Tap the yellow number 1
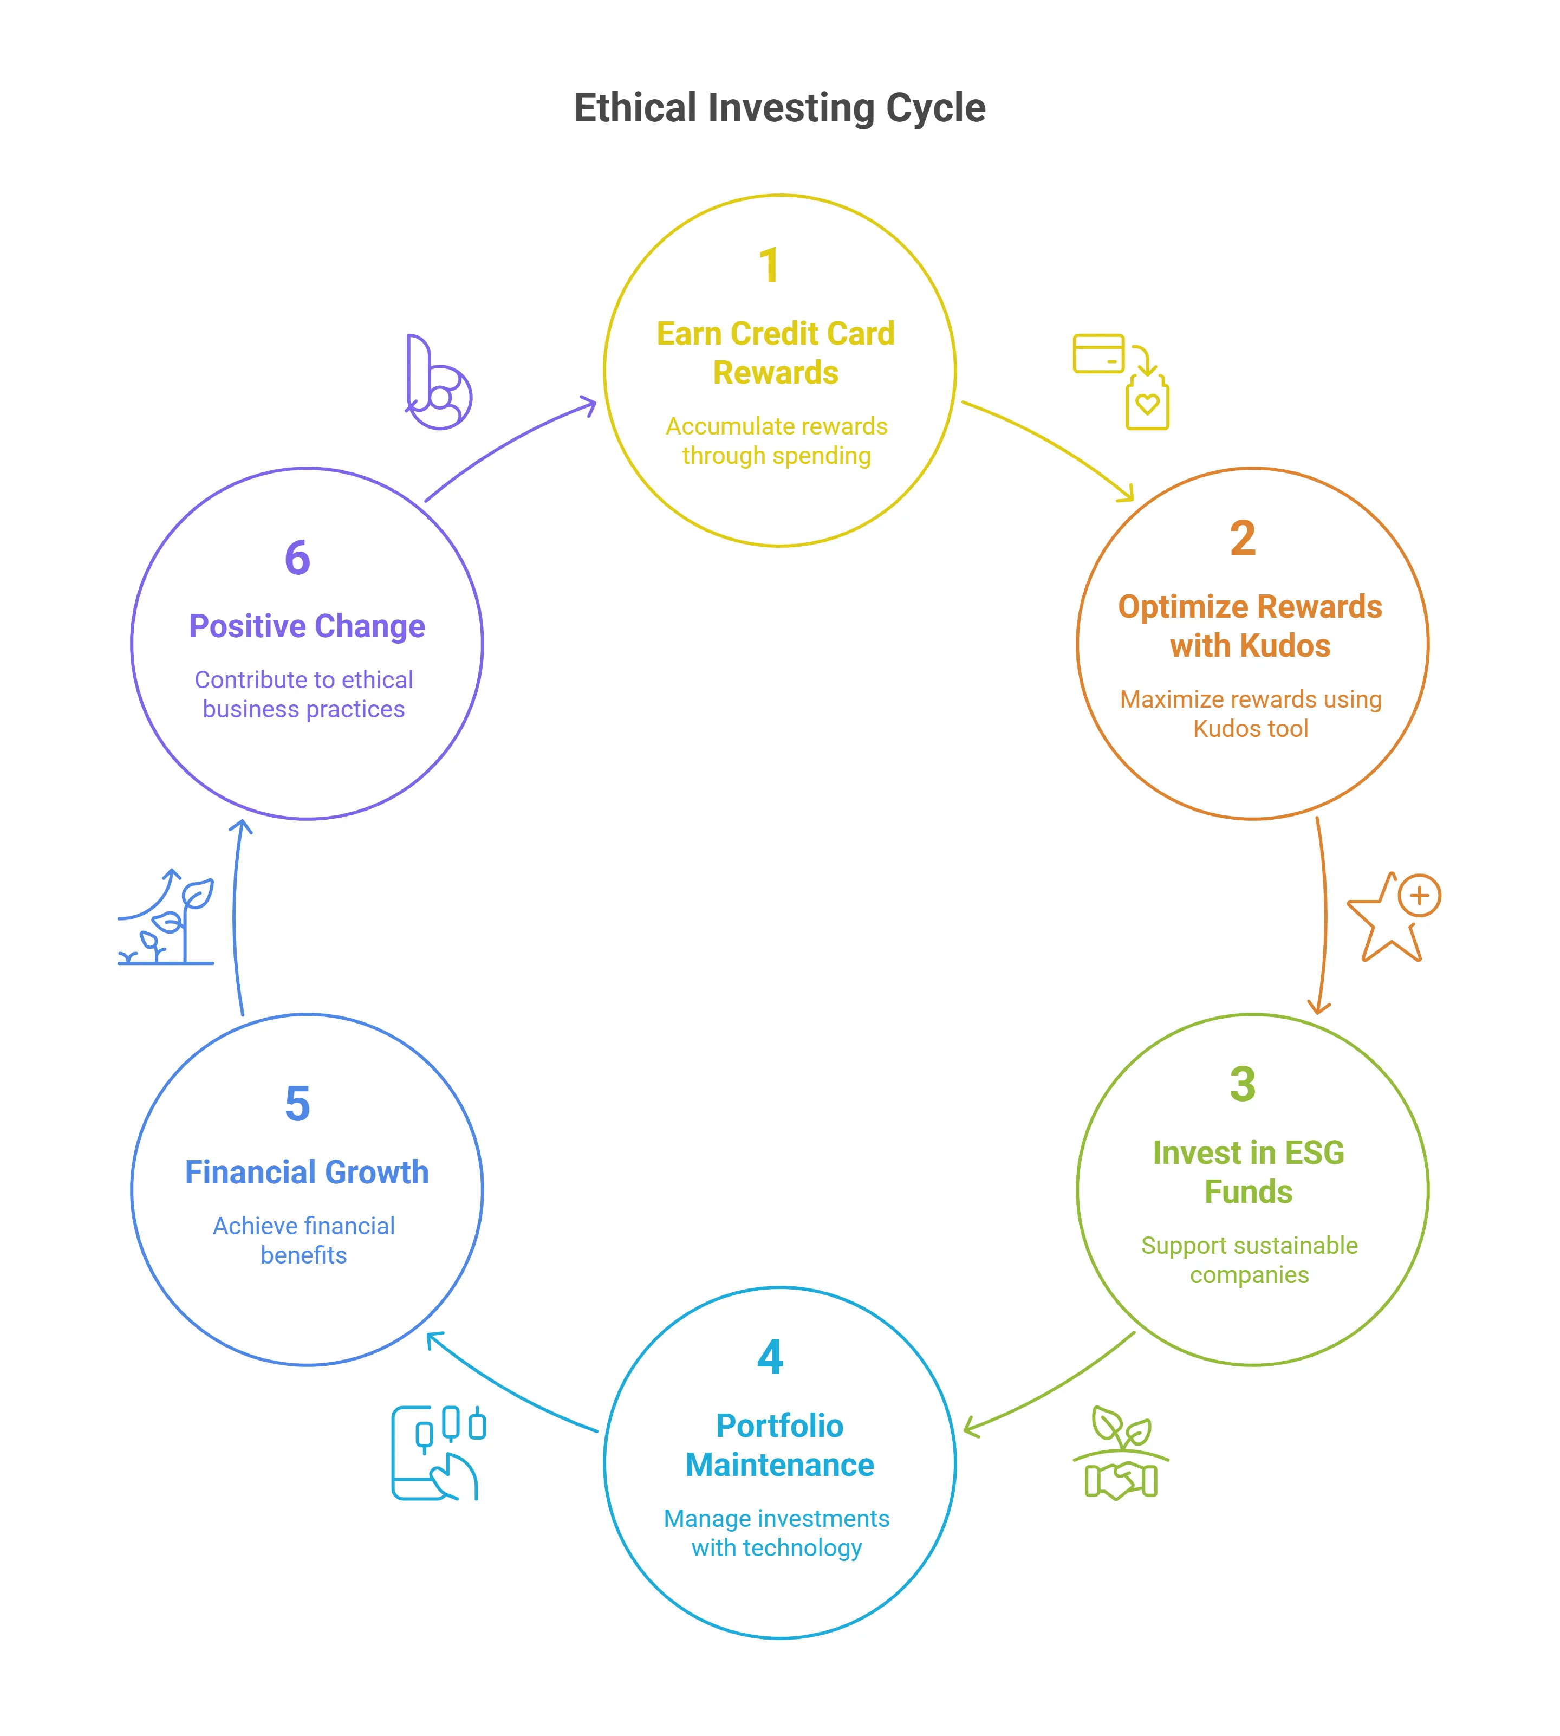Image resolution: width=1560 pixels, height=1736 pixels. pyautogui.click(x=769, y=265)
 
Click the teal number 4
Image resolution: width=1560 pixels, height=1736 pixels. pyautogui.click(x=770, y=1357)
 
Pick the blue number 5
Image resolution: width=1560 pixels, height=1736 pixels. pyautogui.click(x=297, y=1103)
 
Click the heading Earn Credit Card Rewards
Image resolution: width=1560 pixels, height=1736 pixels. pyautogui.click(x=776, y=352)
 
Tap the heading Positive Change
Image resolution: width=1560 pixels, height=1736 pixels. pyautogui.click(x=307, y=626)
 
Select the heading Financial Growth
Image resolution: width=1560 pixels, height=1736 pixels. pyautogui.click(x=307, y=1172)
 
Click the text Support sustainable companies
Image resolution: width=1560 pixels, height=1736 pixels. pyautogui.click(x=1249, y=1259)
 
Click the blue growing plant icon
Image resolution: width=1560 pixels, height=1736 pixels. pyautogui.click(x=166, y=917)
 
